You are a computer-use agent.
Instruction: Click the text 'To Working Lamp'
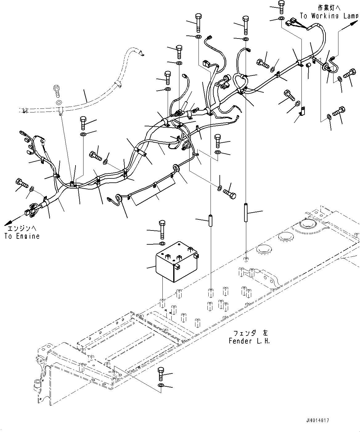point(329,16)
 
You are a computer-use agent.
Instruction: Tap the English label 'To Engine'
point(22,236)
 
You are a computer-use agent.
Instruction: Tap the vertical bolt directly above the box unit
point(162,229)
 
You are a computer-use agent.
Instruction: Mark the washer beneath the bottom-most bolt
point(161,385)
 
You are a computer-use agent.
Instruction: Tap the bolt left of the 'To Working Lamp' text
point(281,7)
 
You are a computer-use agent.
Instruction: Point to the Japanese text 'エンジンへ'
point(22,229)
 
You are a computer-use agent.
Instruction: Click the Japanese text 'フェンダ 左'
point(249,333)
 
